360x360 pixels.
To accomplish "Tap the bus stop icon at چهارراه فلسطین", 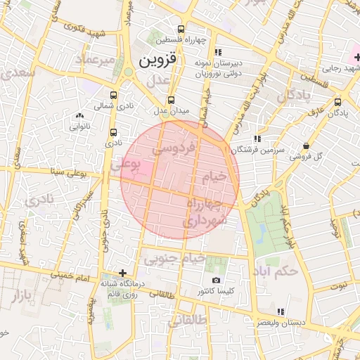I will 181,30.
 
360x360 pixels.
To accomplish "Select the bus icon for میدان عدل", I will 171,100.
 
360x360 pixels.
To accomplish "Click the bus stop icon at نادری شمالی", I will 114,95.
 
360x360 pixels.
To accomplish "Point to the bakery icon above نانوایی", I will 79,116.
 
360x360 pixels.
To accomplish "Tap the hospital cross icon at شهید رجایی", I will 356,56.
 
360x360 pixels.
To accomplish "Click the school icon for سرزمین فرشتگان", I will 257,139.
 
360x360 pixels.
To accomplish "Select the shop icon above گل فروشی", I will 305,146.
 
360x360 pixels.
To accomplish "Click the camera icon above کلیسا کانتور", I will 215,280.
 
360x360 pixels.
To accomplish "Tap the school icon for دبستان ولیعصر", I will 281,311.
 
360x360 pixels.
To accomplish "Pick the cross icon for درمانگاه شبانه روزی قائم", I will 122,273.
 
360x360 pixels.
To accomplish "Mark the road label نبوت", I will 340,285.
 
